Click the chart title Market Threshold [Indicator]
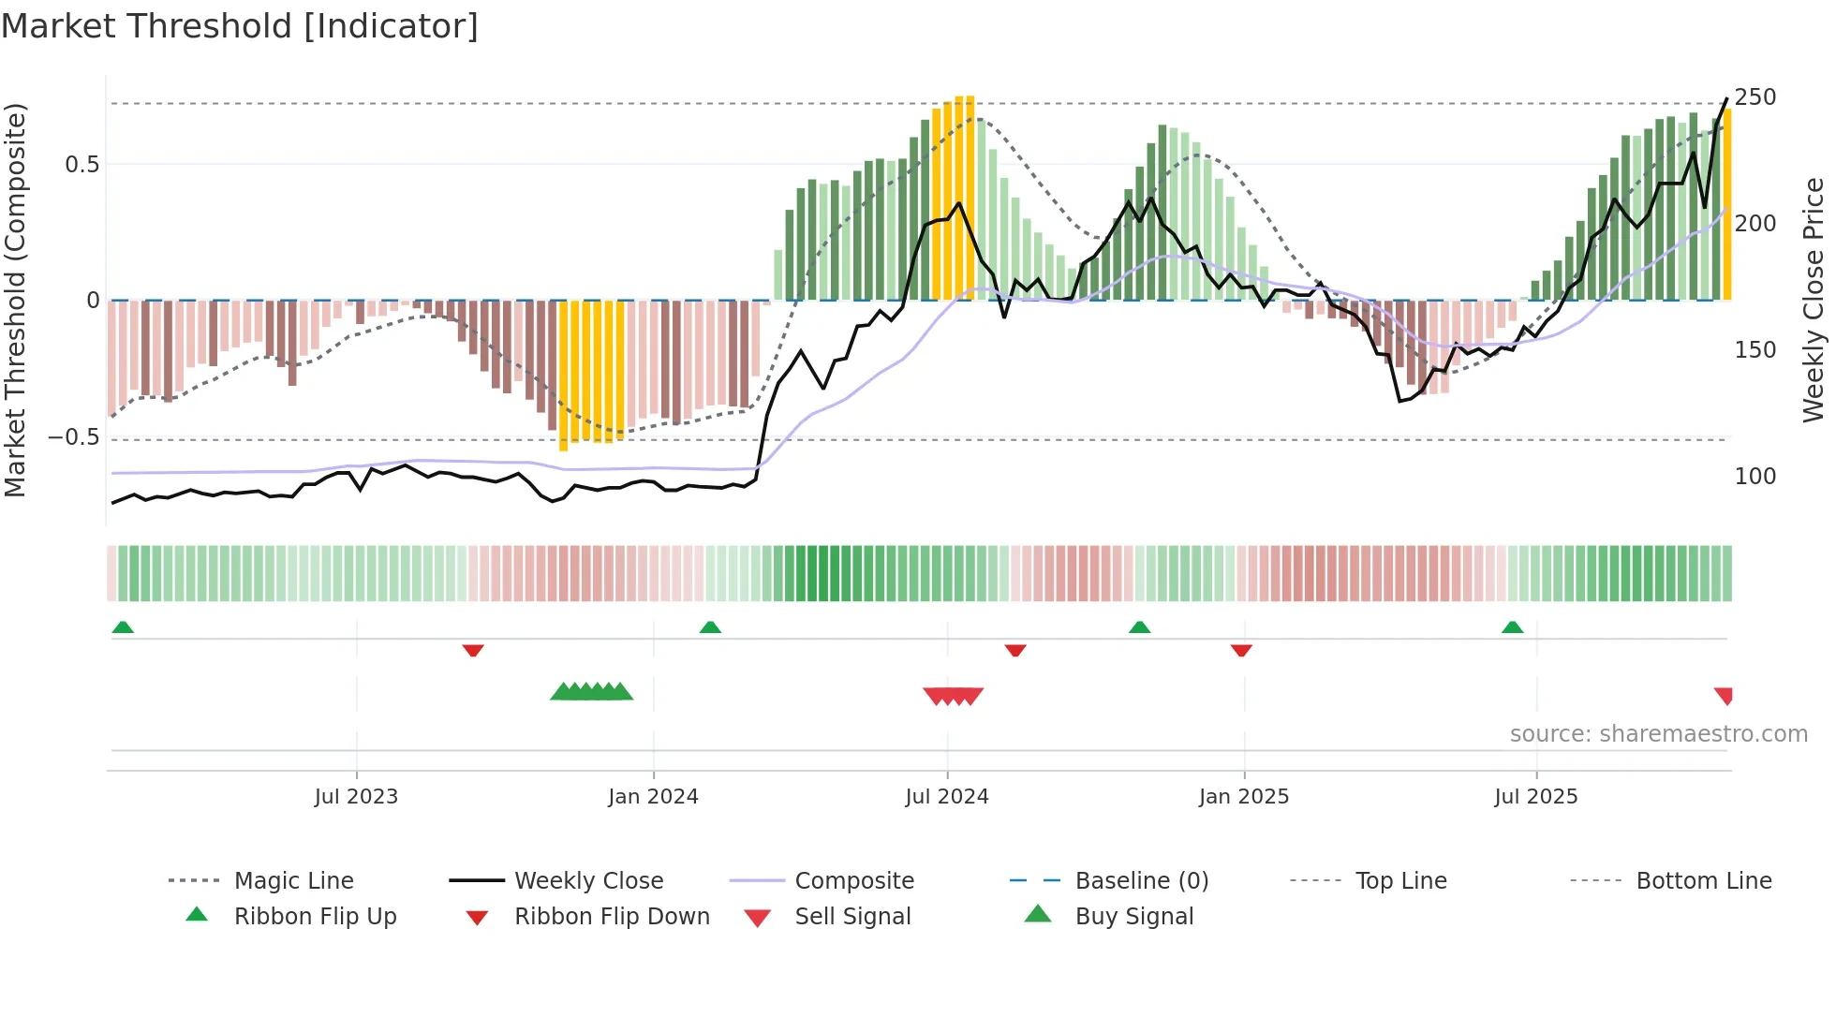[240, 26]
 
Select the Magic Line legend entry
[293, 881]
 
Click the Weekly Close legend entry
[588, 881]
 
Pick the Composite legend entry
[853, 881]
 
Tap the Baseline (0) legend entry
[1141, 881]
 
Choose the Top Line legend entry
[1400, 881]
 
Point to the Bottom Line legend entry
[1703, 881]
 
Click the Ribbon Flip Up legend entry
[315, 917]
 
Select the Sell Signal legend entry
[852, 917]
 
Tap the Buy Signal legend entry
[1133, 917]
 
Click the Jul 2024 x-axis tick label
[946, 797]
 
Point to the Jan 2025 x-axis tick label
[1243, 797]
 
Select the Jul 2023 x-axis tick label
[356, 797]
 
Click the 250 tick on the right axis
[1755, 97]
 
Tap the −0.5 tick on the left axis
[73, 437]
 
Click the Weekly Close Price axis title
[1814, 300]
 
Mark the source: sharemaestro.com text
[1658, 734]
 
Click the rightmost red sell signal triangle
[1724, 695]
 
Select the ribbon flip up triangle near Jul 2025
[1512, 627]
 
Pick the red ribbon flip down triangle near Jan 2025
[1241, 650]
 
